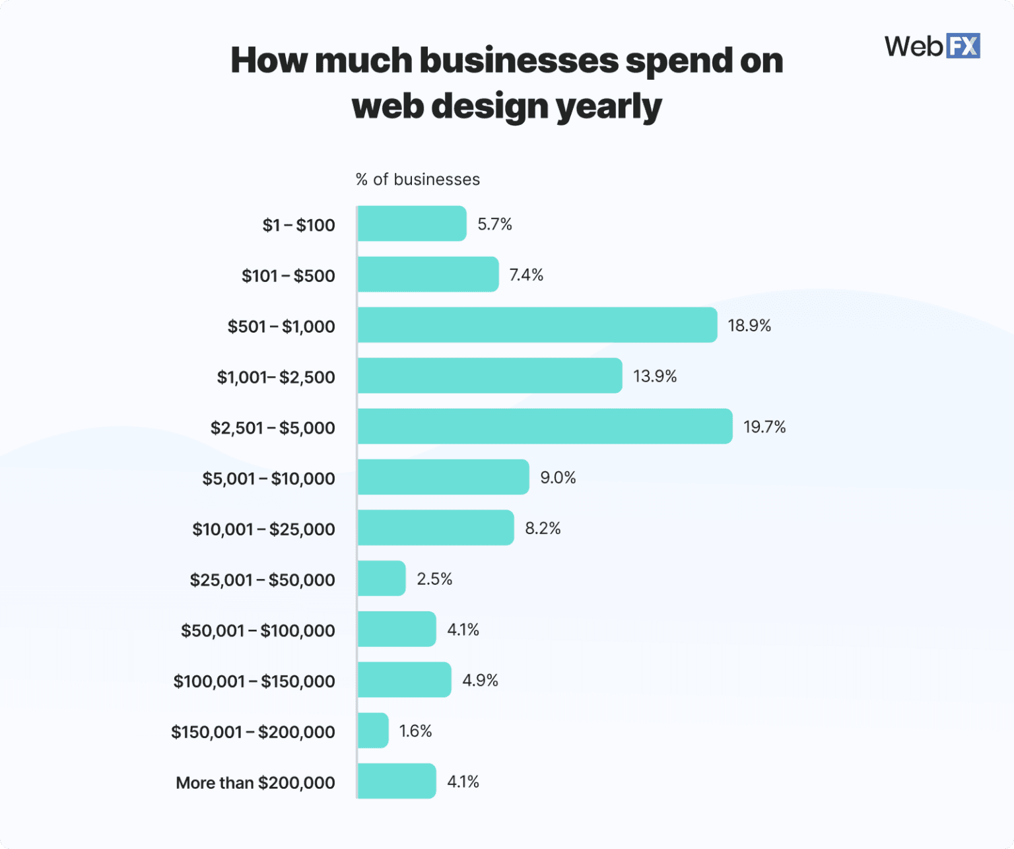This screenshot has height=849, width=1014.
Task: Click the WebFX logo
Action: coord(931,46)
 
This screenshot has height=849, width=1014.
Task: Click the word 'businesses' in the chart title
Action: coord(519,61)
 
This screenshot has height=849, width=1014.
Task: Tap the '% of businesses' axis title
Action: coord(417,180)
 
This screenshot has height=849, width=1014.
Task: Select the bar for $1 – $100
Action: coord(412,224)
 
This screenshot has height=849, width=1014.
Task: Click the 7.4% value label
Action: coord(526,275)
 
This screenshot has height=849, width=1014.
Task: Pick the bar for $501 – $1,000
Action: coord(537,325)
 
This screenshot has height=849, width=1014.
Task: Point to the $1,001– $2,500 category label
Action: coord(276,377)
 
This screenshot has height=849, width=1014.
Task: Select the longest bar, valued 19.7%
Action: coord(545,426)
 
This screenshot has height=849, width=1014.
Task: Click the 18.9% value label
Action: coord(749,325)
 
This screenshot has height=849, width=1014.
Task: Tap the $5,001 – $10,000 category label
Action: coord(269,479)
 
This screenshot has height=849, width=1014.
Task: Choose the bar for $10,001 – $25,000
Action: coord(436,527)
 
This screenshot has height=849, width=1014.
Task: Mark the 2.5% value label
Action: coord(434,579)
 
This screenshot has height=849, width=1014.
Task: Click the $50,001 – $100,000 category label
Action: coord(258,630)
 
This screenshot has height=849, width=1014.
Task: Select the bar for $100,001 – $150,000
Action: coord(405,680)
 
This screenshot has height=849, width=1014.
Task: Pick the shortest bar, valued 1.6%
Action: coord(373,730)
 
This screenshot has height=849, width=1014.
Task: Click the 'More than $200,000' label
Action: coord(255,783)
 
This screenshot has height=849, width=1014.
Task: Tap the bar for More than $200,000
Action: coord(397,781)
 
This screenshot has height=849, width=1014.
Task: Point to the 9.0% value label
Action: coord(558,477)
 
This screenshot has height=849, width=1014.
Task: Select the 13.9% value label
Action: coord(655,376)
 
